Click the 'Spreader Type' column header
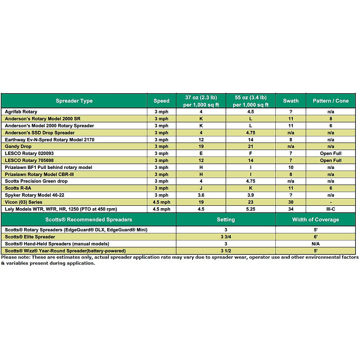[x=74, y=101]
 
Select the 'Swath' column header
[x=291, y=101]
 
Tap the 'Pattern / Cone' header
[x=331, y=101]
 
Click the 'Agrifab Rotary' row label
[x=21, y=112]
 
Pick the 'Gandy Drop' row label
[x=18, y=146]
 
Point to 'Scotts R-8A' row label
[x=18, y=188]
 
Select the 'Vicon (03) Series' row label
[x=23, y=202]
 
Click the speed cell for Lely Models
[x=161, y=209]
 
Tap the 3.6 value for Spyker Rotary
[x=201, y=195]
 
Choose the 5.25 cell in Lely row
[x=250, y=209]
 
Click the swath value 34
[x=291, y=209]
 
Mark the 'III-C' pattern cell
[x=331, y=209]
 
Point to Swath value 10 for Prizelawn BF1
[x=291, y=167]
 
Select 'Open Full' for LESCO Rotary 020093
[x=331, y=153]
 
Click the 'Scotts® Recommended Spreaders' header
[x=88, y=220]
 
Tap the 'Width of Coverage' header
[x=316, y=220]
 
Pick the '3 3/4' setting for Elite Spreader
[x=226, y=237]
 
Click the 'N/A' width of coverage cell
[x=316, y=244]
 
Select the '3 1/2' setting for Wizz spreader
[x=226, y=251]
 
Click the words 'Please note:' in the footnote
[x=16, y=257]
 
